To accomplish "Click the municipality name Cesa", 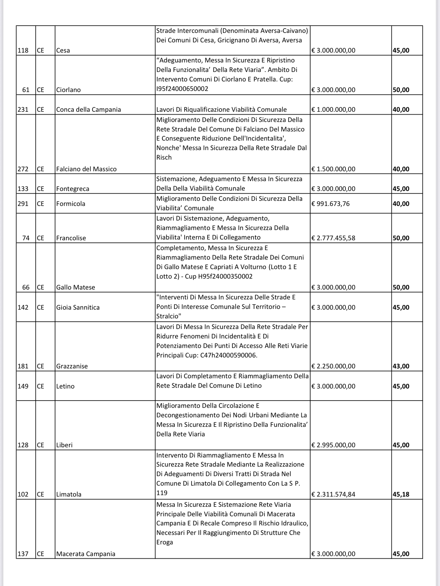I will click(63, 50).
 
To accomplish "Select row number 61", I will click(26, 90).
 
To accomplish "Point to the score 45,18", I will click(401, 494).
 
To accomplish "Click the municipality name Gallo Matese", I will click(76, 287).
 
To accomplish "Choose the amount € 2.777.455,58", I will click(333, 238).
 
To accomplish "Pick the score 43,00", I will click(401, 366).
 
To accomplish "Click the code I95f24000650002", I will click(182, 89).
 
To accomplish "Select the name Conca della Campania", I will click(89, 110).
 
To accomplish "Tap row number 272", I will click(23, 169).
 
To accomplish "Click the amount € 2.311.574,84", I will click(333, 494).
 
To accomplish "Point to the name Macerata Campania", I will click(86, 554).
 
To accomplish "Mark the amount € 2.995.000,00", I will click(333, 445).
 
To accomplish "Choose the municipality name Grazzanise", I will click(72, 366).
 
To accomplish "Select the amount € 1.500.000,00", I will click(333, 169).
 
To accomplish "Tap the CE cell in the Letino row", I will click(40, 386).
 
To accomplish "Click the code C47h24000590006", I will click(229, 355).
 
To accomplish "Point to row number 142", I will click(23, 307).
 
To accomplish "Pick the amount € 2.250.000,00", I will click(333, 366).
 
